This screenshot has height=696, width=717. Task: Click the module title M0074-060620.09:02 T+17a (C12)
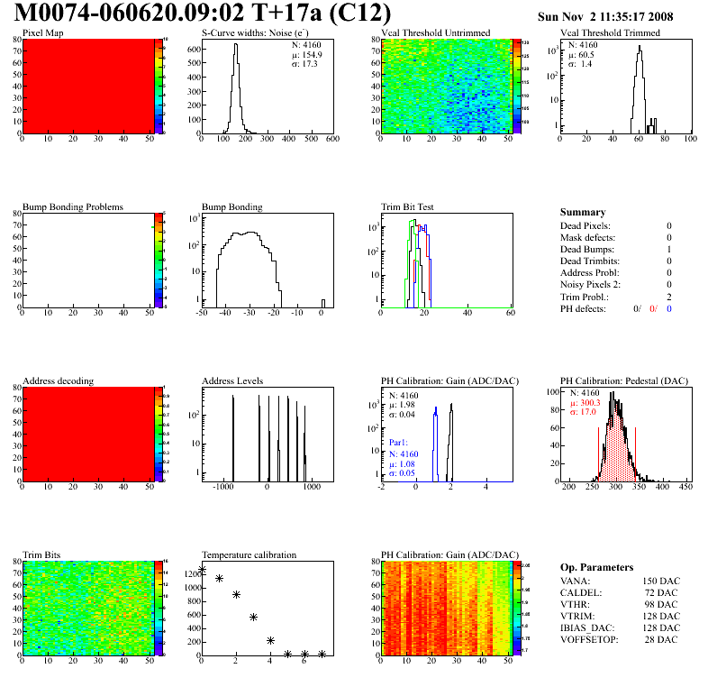point(204,14)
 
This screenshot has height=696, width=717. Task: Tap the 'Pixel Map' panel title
point(42,33)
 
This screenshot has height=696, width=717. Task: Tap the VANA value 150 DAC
point(660,582)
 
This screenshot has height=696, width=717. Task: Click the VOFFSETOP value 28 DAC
point(663,640)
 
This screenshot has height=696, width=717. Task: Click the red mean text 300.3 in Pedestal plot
point(590,403)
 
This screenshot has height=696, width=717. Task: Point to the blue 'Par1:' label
point(399,444)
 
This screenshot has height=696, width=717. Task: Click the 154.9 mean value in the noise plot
point(313,54)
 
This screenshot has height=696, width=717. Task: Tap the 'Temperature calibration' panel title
point(249,554)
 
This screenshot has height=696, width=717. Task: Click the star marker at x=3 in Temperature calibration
point(253,617)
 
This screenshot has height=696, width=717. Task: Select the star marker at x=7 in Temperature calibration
point(322,654)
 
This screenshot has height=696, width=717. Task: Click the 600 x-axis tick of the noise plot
point(331,140)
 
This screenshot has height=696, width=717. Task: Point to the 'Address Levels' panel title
point(232,380)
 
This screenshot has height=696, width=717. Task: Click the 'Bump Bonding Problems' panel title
point(73,206)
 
